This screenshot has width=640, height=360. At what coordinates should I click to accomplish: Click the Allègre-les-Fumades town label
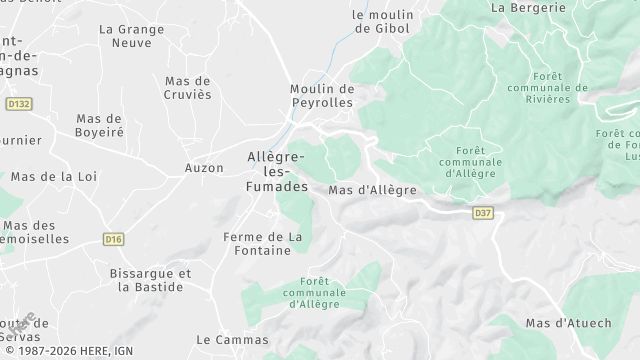click(x=277, y=171)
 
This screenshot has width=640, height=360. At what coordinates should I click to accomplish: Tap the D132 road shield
click(x=18, y=102)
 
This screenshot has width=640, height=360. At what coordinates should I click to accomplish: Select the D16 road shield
click(x=112, y=239)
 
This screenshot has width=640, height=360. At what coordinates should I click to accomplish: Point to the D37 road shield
click(x=483, y=212)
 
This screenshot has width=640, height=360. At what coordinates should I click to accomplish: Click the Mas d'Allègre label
click(x=372, y=190)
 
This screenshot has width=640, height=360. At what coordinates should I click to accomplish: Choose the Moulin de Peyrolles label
click(x=322, y=96)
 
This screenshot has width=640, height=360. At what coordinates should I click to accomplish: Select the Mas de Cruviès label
click(x=187, y=88)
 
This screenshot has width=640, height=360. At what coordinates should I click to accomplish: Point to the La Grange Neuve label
click(x=125, y=36)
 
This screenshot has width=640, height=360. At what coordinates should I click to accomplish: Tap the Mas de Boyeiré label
click(x=99, y=125)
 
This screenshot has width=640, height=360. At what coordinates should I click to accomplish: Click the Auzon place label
click(x=204, y=167)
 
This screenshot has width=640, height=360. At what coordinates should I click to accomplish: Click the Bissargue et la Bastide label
click(x=150, y=280)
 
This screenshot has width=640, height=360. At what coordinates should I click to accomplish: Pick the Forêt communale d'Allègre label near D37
click(x=449, y=161)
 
